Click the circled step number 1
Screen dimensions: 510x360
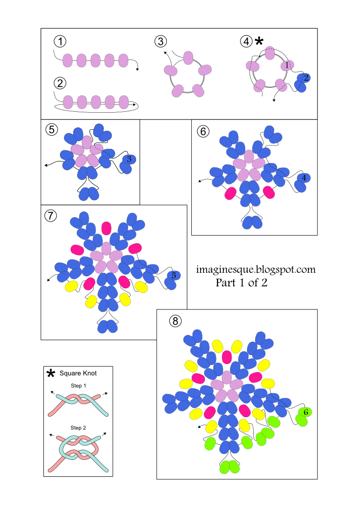(x=60, y=41)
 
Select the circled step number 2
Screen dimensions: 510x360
(x=60, y=82)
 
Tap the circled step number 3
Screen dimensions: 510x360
(x=160, y=41)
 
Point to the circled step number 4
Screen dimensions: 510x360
(x=246, y=41)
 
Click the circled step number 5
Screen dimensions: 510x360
(x=51, y=130)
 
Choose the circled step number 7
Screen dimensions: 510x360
(x=49, y=215)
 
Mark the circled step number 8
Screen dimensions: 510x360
(x=175, y=320)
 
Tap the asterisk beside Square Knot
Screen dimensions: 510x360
(x=51, y=374)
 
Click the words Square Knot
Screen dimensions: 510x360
(x=78, y=374)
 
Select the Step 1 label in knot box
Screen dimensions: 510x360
(x=78, y=386)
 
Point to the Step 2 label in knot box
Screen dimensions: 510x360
(x=78, y=428)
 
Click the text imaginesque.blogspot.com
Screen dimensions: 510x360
(x=256, y=269)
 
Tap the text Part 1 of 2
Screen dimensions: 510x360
(x=241, y=283)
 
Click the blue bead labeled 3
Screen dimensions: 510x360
(x=128, y=159)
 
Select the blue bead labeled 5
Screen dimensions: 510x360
(x=173, y=276)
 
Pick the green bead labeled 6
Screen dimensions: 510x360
(x=305, y=412)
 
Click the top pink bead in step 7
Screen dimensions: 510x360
(x=106, y=228)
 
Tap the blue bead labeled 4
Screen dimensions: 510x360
(x=303, y=178)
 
